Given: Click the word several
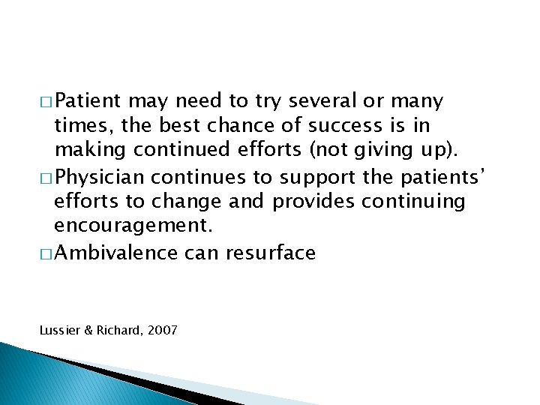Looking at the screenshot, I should tap(334, 101).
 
